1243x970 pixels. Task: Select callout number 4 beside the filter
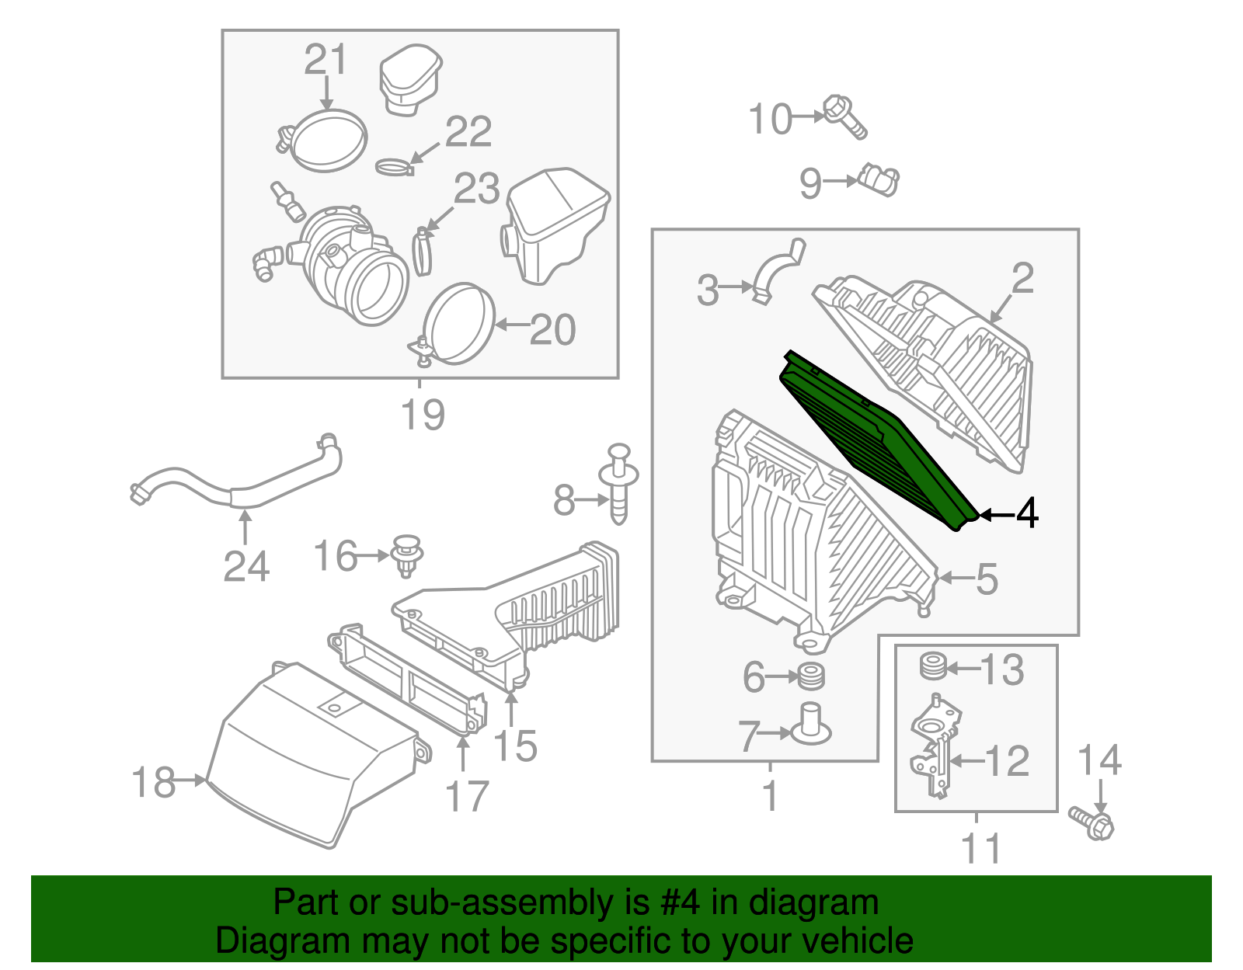pos(1026,513)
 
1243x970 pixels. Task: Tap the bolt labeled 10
pos(844,116)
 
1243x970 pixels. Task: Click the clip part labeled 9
pos(879,180)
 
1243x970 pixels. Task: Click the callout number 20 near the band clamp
pos(552,330)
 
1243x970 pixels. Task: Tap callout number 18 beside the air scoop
pos(154,782)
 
